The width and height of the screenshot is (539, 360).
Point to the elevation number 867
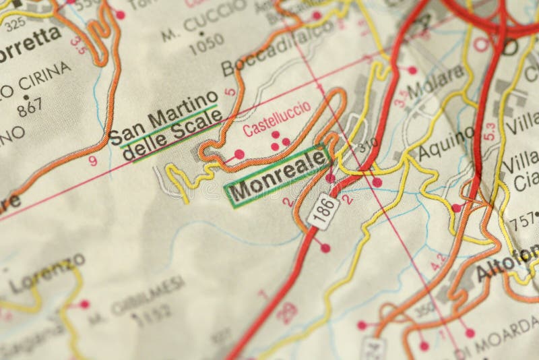pyautogui.click(x=30, y=107)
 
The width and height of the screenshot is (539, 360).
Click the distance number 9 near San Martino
pyautogui.click(x=92, y=160)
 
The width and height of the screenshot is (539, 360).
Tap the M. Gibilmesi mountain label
pyautogui.click(x=148, y=296)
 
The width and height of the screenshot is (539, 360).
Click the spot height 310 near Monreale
pyautogui.click(x=367, y=146)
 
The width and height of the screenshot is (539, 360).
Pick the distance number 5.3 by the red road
pyautogui.click(x=490, y=131)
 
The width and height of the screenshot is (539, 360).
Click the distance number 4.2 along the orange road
pyautogui.click(x=438, y=262)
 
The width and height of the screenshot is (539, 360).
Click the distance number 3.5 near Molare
pyautogui.click(x=400, y=98)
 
